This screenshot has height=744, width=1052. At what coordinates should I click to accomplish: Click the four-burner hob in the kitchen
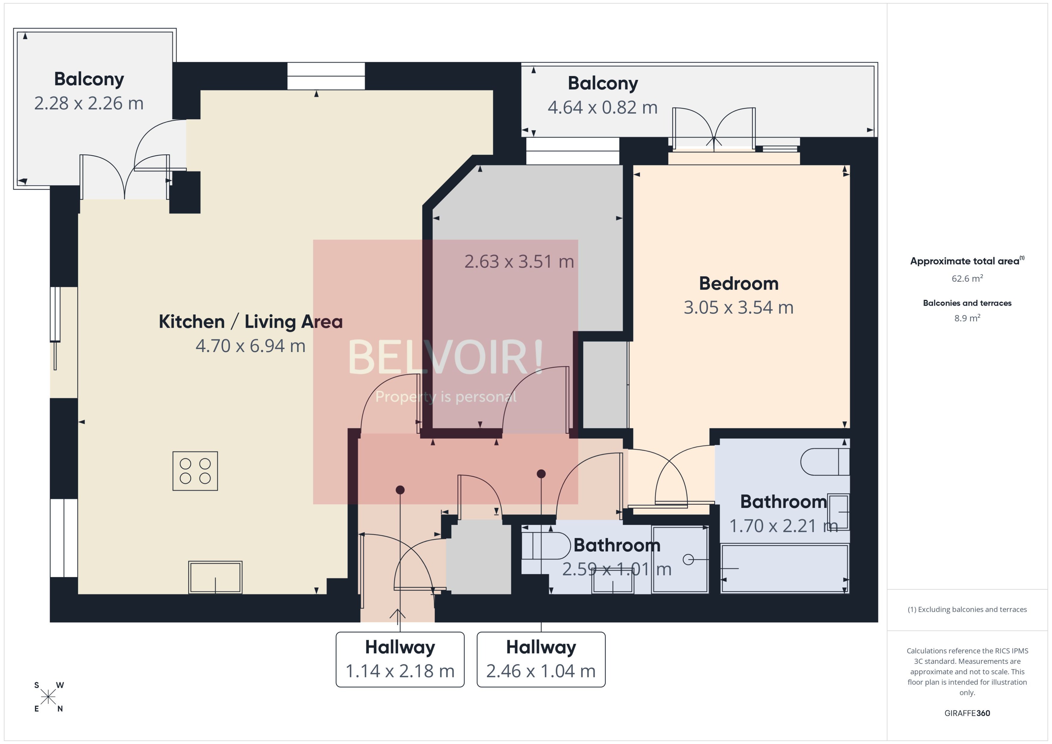[x=195, y=471]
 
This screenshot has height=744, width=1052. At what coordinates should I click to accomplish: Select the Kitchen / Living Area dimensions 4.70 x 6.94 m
[x=250, y=346]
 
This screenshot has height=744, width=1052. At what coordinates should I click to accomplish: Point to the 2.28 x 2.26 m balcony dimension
[x=89, y=104]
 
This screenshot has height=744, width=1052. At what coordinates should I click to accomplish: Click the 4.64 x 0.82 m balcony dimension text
[x=602, y=108]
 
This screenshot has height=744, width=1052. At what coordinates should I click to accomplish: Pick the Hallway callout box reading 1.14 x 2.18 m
[x=400, y=659]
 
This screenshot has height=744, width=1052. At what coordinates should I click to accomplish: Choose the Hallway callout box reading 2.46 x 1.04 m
[x=541, y=659]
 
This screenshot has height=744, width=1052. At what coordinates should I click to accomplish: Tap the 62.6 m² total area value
[x=967, y=278]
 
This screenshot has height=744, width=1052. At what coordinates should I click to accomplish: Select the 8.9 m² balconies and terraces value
[x=967, y=318]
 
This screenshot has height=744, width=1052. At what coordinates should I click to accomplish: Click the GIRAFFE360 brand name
[x=967, y=713]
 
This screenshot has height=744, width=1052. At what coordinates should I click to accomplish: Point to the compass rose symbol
[x=48, y=697]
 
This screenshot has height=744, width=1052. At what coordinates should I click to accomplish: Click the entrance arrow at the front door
[x=397, y=614]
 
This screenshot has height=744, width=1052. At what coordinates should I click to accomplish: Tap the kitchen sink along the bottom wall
[x=215, y=577]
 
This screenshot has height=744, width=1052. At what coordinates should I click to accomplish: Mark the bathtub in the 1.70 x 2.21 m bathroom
[x=784, y=568]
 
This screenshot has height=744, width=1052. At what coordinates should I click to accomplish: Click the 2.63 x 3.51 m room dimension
[x=519, y=262]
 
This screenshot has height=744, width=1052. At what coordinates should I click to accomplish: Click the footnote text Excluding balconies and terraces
[x=967, y=609]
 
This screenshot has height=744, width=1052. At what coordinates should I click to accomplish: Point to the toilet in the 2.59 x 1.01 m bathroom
[x=546, y=546]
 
